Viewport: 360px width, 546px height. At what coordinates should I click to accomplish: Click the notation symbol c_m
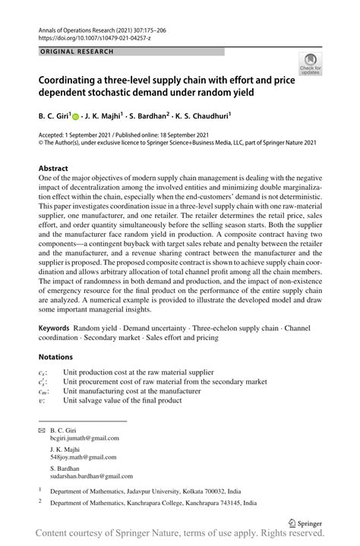(43, 391)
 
